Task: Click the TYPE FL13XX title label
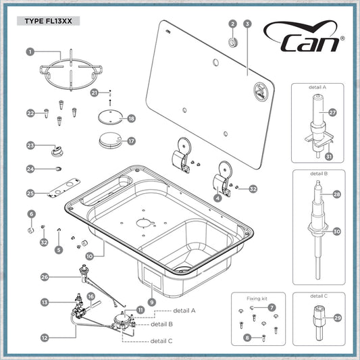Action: pyautogui.click(x=48, y=21)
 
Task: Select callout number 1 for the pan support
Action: pyautogui.click(x=30, y=52)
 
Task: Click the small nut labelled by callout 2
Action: pyautogui.click(x=233, y=43)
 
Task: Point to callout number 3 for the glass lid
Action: pyautogui.click(x=247, y=24)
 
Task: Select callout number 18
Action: pyautogui.click(x=131, y=118)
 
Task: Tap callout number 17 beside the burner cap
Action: pyautogui.click(x=131, y=141)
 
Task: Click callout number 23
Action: pyautogui.click(x=30, y=146)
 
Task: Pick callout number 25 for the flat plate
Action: pyautogui.click(x=30, y=193)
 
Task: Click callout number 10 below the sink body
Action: pyautogui.click(x=90, y=256)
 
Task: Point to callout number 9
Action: pyautogui.click(x=152, y=302)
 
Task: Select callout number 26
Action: pyautogui.click(x=45, y=277)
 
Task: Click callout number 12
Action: pyautogui.click(x=45, y=338)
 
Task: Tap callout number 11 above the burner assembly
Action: pyautogui.click(x=140, y=310)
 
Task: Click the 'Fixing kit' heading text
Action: pyautogui.click(x=257, y=299)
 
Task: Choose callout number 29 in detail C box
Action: pyautogui.click(x=337, y=318)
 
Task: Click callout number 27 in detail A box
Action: pyautogui.click(x=332, y=113)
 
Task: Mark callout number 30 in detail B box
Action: pyautogui.click(x=336, y=232)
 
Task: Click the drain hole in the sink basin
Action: pyautogui.click(x=183, y=268)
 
